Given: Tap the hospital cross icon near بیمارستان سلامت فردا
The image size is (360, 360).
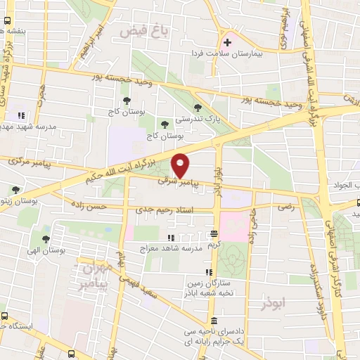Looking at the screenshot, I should click(227, 42).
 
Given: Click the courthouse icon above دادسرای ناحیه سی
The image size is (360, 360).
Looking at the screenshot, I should click(214, 320).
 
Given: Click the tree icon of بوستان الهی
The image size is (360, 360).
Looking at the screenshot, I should click(46, 238).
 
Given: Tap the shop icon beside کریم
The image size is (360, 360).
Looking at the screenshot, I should click(214, 233).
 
